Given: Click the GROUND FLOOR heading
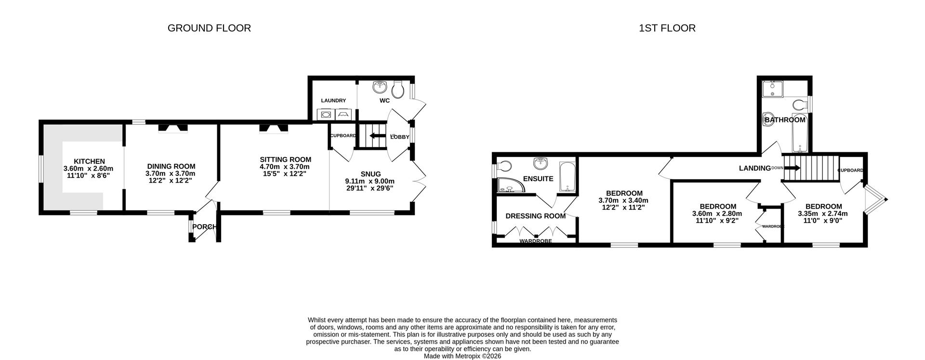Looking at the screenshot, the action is (209, 28).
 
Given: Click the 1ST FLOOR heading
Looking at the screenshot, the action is (667, 28).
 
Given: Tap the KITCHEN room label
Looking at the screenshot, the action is (89, 161).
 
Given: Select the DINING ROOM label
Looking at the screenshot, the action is (172, 166).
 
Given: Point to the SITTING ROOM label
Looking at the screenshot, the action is (286, 160).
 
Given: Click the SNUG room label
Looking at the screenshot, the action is (370, 174).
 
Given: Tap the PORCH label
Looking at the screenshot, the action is (204, 227).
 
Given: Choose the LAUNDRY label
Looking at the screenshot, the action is (333, 101).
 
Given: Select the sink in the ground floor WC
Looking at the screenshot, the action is (380, 86).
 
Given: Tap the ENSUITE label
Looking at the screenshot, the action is (538, 179).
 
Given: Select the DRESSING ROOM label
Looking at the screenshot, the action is (535, 216).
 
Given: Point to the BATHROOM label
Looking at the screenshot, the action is (785, 120).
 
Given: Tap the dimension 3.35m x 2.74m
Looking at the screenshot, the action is (823, 214).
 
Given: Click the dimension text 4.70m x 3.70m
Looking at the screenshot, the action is (285, 167).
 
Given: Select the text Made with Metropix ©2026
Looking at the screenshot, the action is (462, 356).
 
